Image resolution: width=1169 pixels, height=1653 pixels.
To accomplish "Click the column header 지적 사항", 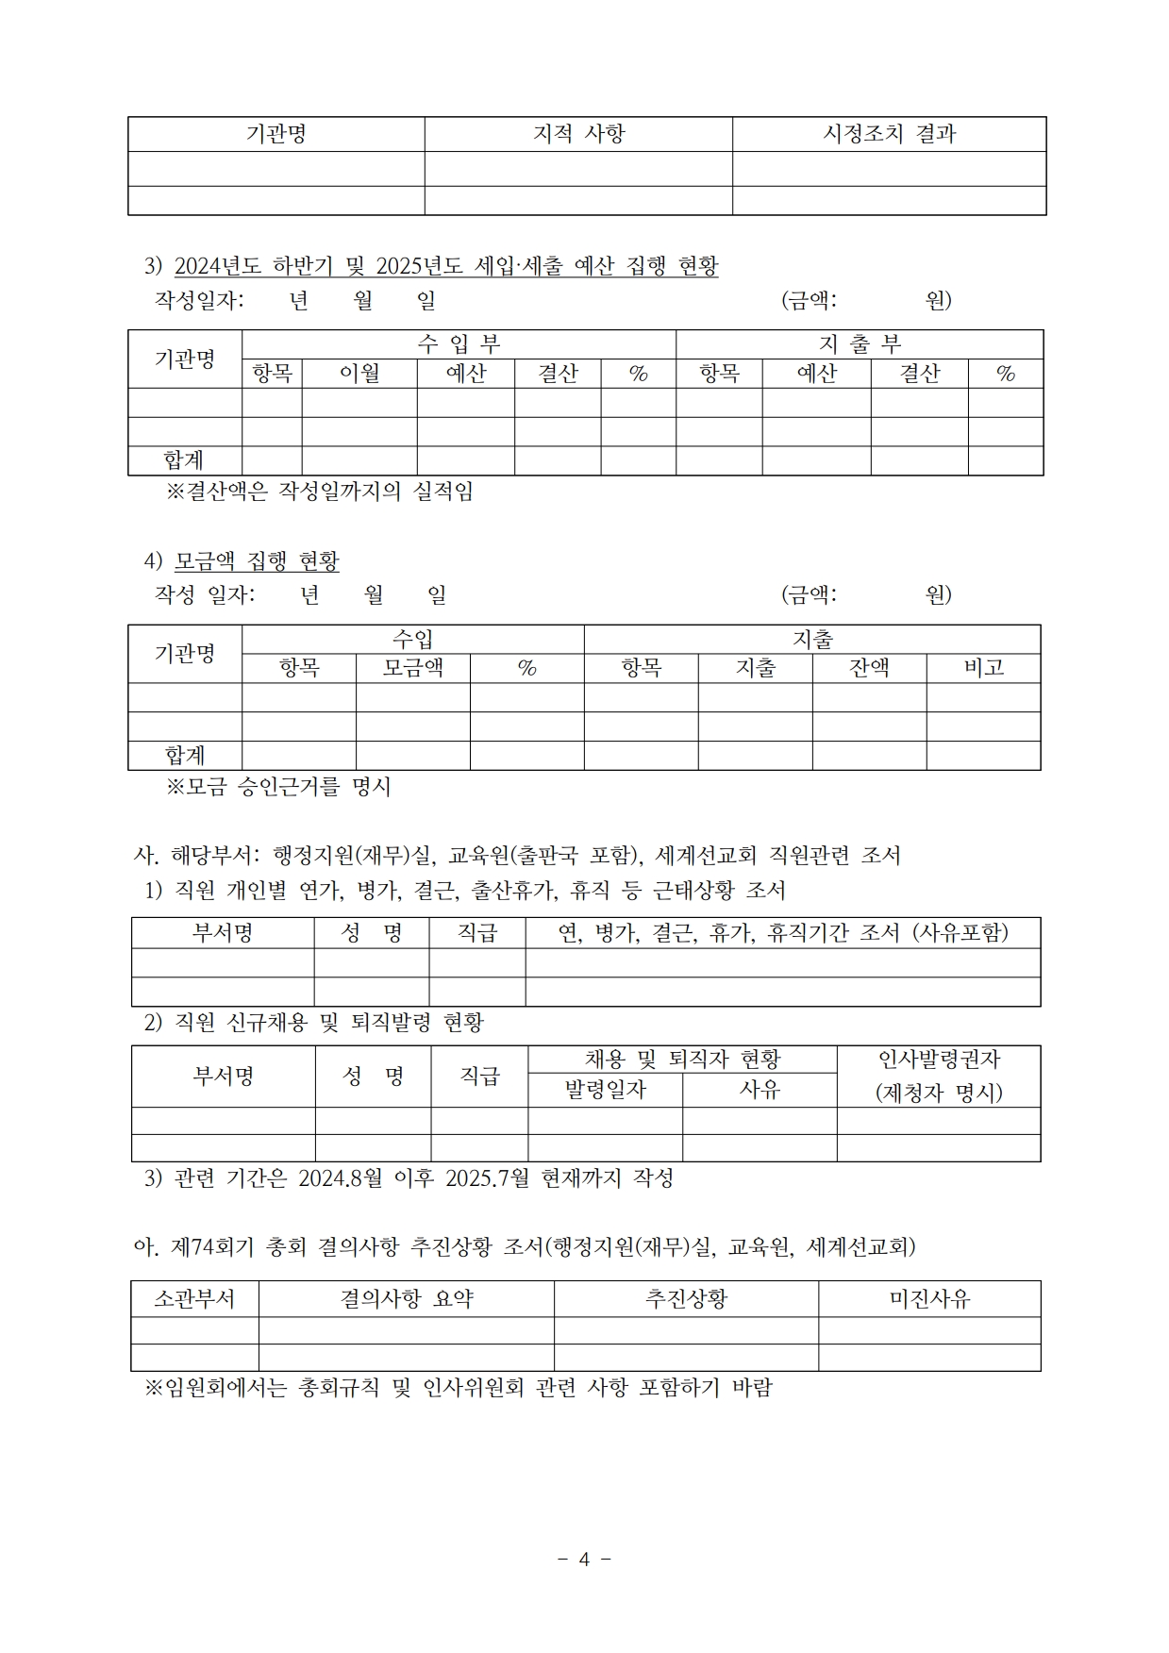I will (x=578, y=134).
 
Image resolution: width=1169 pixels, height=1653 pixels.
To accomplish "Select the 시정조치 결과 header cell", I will (x=889, y=134).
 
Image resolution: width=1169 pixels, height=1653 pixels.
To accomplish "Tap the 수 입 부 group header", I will (x=459, y=344).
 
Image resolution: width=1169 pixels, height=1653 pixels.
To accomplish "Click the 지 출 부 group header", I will (x=860, y=344).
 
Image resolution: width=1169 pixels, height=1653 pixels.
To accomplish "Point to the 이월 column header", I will (x=359, y=374).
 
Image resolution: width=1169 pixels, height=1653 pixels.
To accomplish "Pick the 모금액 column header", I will (x=412, y=668).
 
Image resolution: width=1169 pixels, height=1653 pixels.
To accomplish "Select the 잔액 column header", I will (x=869, y=668).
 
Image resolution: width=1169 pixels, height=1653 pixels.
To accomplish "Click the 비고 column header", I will (x=983, y=668).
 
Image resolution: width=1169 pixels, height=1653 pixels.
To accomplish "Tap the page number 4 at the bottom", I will (x=584, y=1560).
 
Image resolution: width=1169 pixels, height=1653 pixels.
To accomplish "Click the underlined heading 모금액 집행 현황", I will (x=257, y=561).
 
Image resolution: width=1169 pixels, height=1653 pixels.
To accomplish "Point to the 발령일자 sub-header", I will (x=605, y=1090).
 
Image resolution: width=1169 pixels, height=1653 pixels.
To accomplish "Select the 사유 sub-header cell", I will (x=760, y=1090).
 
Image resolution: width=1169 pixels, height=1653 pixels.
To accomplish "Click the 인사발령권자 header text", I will (x=939, y=1060).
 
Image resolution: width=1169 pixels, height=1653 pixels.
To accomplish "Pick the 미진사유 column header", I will (x=929, y=1299).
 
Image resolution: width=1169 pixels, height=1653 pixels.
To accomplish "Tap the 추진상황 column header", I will (x=686, y=1299).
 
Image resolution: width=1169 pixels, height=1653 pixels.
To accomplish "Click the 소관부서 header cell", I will (x=194, y=1299).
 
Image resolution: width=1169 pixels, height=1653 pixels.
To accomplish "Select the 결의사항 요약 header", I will (x=406, y=1299).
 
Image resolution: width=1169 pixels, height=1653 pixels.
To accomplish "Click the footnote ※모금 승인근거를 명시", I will (x=278, y=787).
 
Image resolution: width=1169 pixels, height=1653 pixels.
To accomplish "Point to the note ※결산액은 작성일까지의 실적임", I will (x=320, y=492).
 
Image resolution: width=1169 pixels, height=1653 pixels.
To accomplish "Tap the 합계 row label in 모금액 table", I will (x=185, y=755).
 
